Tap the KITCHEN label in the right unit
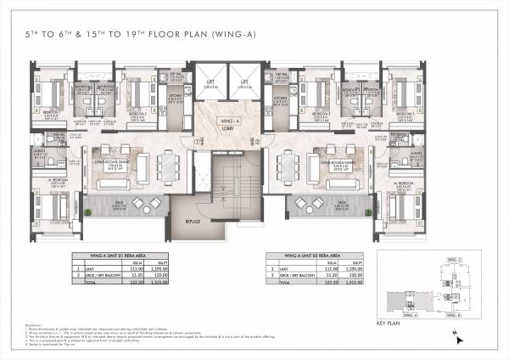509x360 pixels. point(280,97)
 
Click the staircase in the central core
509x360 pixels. point(229,178)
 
